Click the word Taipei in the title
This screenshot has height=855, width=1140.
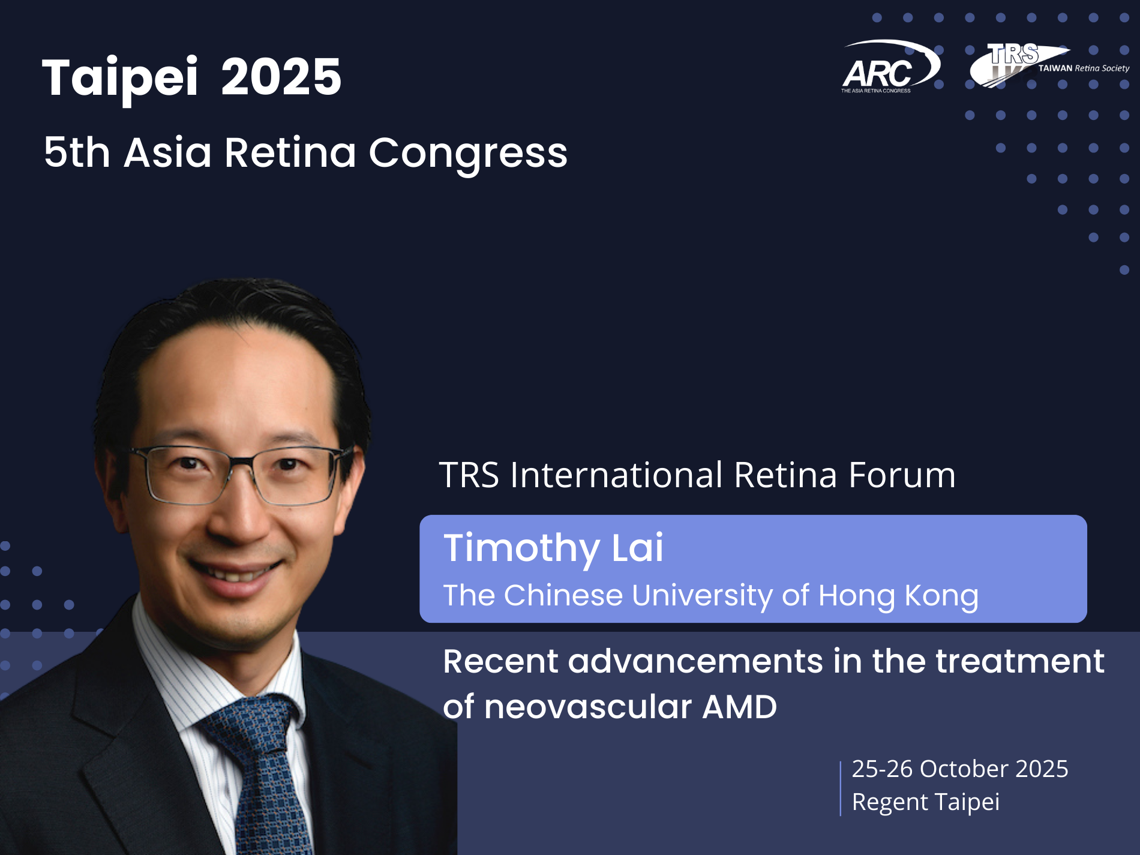tap(120, 78)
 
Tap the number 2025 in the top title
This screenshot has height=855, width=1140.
tap(281, 77)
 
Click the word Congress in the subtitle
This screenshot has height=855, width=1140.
tap(468, 153)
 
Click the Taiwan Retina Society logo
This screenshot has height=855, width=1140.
tap(1049, 65)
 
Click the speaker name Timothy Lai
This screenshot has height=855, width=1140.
tap(553, 548)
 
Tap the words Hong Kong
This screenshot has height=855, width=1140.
tap(898, 596)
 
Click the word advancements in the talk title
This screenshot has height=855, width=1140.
tap(695, 661)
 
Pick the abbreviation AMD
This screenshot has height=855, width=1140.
tap(740, 707)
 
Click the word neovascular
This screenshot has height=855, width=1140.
tap(588, 707)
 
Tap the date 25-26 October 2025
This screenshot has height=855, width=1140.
tap(960, 769)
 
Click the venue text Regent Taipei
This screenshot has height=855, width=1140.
tap(926, 802)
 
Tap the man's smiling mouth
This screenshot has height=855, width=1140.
tap(235, 570)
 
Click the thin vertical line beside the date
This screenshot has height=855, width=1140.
tap(841, 788)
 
